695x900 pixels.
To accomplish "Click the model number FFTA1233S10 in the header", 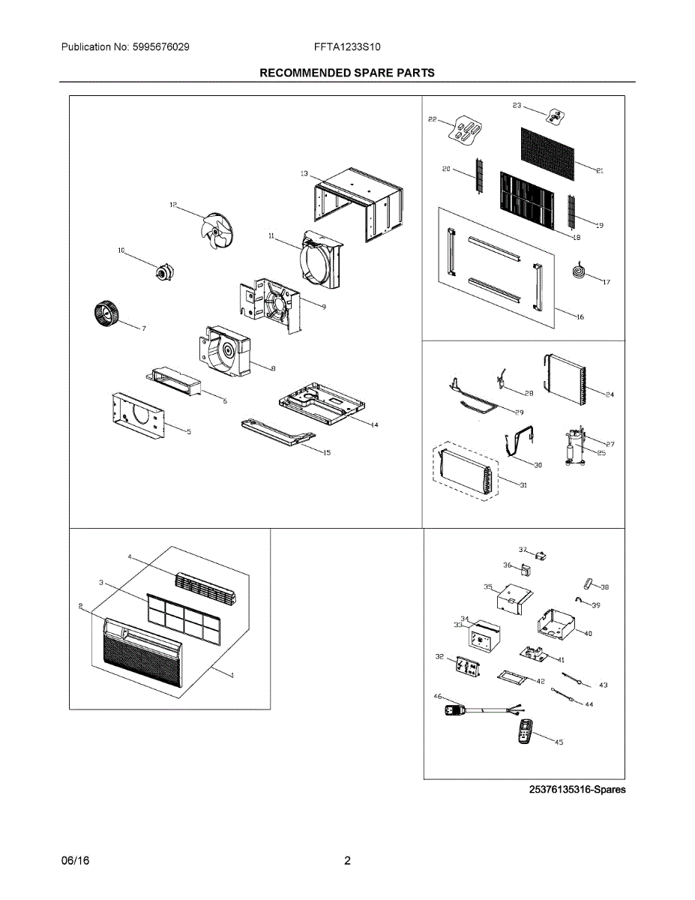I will click(x=347, y=46).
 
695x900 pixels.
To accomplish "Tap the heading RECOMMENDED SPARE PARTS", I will click(x=347, y=73).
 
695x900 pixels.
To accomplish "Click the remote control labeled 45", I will click(x=526, y=732).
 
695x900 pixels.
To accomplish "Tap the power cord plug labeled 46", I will click(x=454, y=709).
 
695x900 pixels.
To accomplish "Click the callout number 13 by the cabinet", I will click(x=304, y=174).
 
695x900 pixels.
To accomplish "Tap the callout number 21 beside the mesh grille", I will click(x=600, y=171).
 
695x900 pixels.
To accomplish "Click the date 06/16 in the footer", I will click(x=75, y=861).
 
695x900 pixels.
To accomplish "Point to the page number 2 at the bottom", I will click(x=347, y=861).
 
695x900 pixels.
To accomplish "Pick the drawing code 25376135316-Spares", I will click(x=577, y=790).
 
